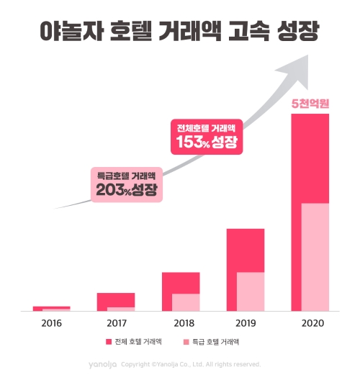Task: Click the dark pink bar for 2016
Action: point(50,307)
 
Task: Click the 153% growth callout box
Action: point(207,135)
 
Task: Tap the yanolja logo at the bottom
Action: point(103,364)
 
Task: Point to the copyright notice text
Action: point(190,364)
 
